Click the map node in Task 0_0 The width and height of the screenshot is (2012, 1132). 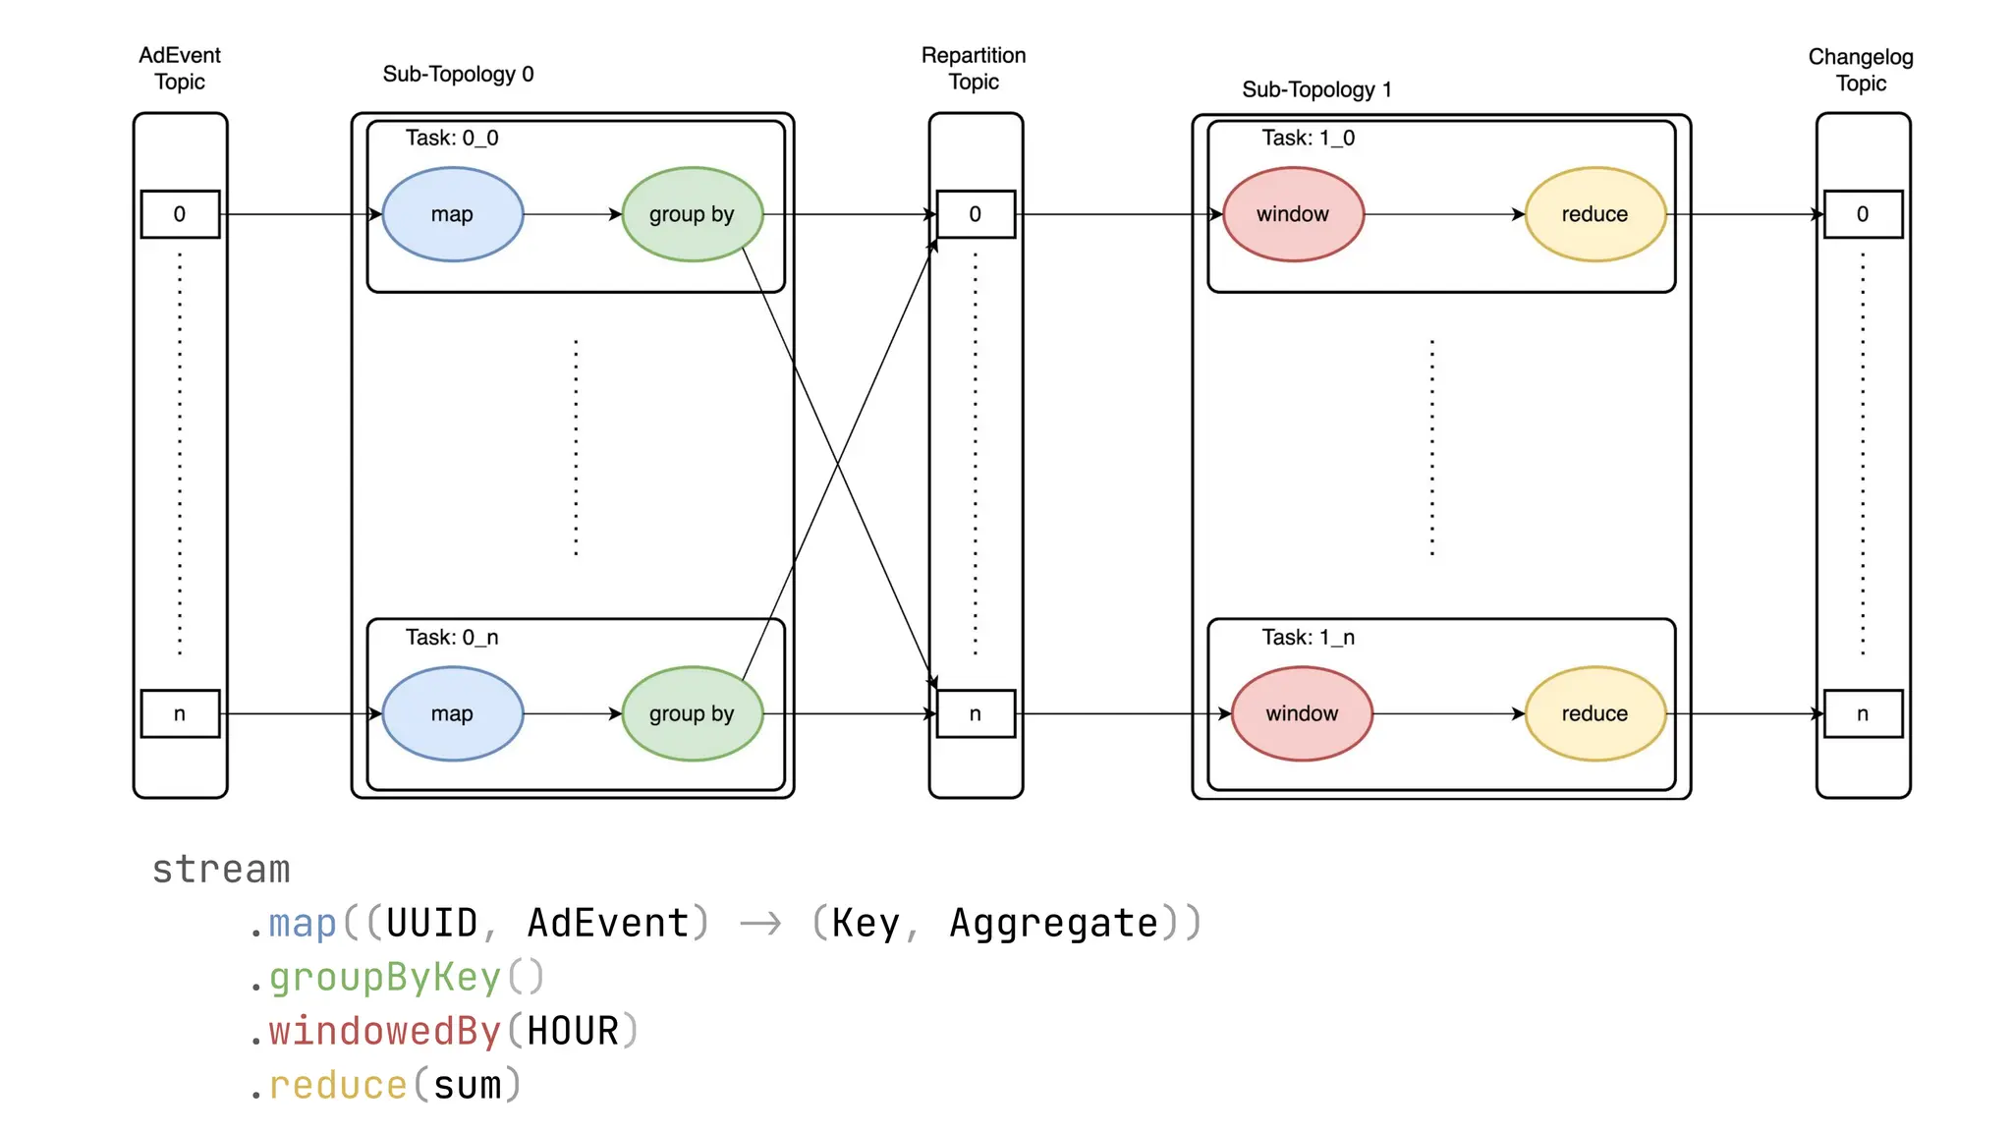[452, 214]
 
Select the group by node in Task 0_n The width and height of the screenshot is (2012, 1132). [692, 713]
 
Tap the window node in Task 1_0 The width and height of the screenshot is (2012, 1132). [1293, 214]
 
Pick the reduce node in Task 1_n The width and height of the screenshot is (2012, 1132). [1594, 713]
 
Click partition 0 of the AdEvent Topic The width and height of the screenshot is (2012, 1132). [180, 214]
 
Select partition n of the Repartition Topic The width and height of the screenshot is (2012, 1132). [976, 713]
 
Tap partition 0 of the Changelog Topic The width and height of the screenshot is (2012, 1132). [1863, 214]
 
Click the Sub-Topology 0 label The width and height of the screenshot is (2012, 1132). [458, 74]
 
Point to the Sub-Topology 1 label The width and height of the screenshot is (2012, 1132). [1316, 89]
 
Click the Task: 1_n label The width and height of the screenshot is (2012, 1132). [1308, 637]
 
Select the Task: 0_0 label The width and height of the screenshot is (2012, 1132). [452, 138]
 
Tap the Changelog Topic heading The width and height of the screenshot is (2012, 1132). [1861, 70]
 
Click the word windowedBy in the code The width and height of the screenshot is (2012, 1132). [385, 1031]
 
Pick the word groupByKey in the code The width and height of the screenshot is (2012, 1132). [385, 977]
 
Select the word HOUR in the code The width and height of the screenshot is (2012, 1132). [573, 1031]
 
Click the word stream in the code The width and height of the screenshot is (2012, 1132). [221, 869]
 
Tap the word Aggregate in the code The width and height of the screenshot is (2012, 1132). [1053, 923]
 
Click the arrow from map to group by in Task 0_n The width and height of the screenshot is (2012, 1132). [572, 713]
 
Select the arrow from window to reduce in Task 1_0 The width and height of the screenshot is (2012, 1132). [1444, 214]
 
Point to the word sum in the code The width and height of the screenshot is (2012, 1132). [467, 1085]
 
